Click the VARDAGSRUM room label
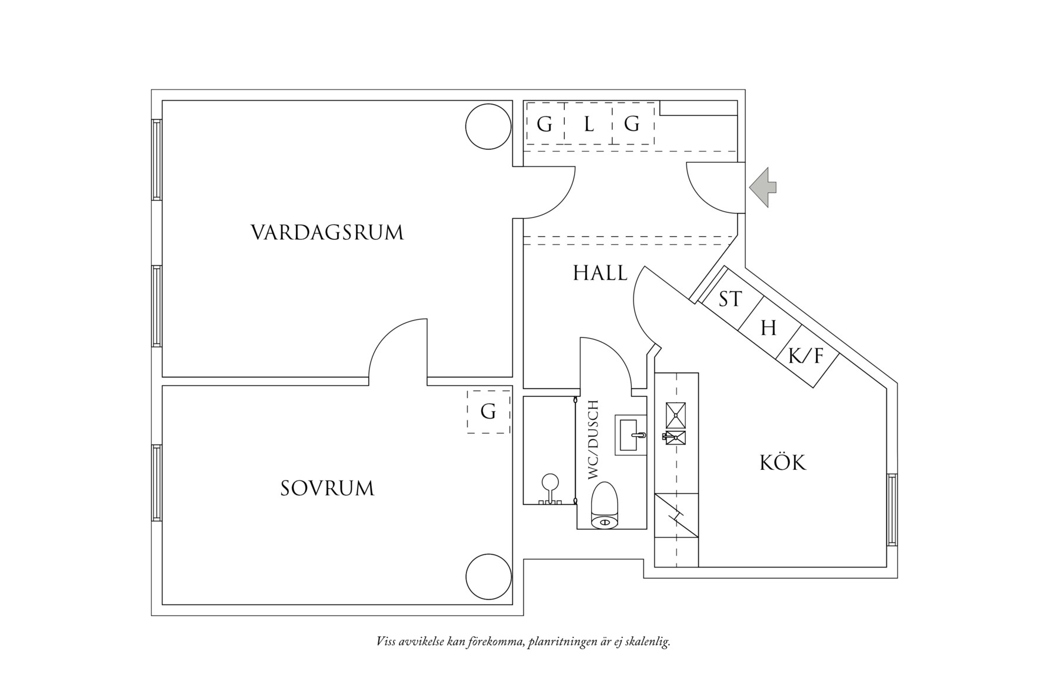click(327, 232)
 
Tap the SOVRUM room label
click(327, 489)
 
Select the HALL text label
click(600, 273)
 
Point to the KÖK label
click(783, 463)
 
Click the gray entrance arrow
click(763, 188)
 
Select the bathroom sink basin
click(631, 435)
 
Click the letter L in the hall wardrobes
click(589, 125)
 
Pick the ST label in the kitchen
click(731, 299)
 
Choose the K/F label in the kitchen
click(806, 356)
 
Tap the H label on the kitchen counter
click(768, 328)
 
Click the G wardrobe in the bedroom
click(488, 412)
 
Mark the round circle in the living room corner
click(488, 126)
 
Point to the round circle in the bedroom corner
click(488, 577)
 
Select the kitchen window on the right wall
click(892, 510)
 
